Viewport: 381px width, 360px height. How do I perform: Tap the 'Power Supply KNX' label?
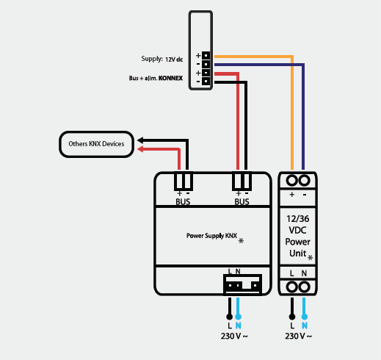click(x=211, y=236)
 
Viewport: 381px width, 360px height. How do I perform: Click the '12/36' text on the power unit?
click(x=298, y=219)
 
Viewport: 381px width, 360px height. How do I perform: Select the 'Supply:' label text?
click(x=152, y=59)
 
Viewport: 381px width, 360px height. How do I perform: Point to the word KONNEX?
click(x=170, y=78)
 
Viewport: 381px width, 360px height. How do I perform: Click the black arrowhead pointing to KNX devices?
click(x=140, y=140)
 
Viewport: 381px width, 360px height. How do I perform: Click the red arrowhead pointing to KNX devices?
click(x=140, y=149)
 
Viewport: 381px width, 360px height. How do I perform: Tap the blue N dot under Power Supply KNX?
click(x=238, y=317)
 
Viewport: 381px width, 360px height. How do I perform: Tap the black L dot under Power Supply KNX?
click(x=230, y=317)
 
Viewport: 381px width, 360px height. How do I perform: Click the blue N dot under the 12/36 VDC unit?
click(x=305, y=317)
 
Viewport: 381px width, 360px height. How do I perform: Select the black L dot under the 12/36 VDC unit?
click(x=292, y=317)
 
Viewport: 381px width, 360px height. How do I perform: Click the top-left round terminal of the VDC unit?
click(x=292, y=181)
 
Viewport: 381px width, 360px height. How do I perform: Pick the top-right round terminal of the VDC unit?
click(x=305, y=181)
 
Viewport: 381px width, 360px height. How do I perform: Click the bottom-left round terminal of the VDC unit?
click(x=292, y=287)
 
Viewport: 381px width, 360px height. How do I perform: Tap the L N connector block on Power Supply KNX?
click(x=242, y=284)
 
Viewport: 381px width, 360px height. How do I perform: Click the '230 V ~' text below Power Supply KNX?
click(x=234, y=336)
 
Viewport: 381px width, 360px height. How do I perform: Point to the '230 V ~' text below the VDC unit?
click(x=298, y=336)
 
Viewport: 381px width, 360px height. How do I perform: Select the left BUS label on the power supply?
click(x=183, y=202)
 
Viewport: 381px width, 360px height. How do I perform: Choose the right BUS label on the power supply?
click(x=242, y=202)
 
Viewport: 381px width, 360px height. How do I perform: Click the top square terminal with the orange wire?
click(x=206, y=56)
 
